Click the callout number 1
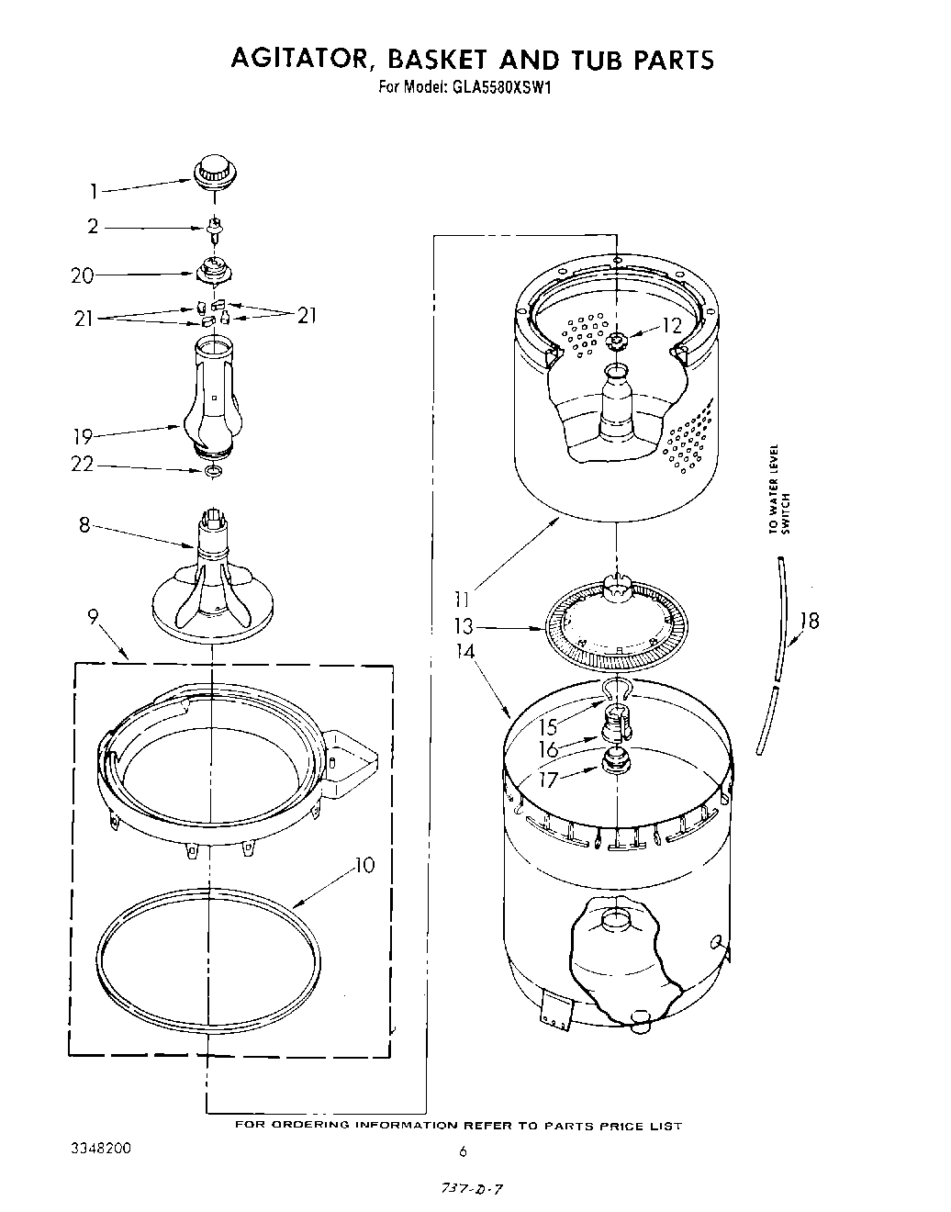click(x=93, y=192)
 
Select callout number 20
click(x=82, y=275)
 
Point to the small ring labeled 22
click(x=213, y=472)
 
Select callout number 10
click(x=364, y=865)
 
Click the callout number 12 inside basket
click(x=672, y=324)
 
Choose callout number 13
click(x=464, y=626)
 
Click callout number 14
click(x=465, y=652)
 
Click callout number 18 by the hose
click(x=808, y=621)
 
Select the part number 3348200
click(x=100, y=1149)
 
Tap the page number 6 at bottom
click(x=464, y=1152)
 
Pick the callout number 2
click(x=93, y=226)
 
